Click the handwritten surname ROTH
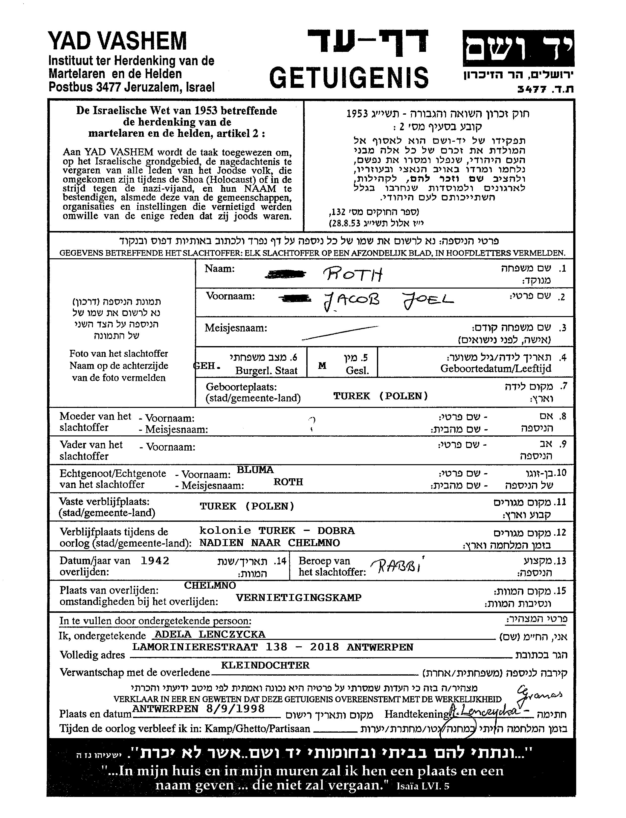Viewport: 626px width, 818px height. click(352, 275)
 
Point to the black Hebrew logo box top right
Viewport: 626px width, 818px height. click(518, 48)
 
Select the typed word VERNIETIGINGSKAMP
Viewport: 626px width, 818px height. click(298, 597)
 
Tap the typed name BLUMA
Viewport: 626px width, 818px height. click(255, 470)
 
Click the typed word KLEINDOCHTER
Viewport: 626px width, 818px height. click(265, 665)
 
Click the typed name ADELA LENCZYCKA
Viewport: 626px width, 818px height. click(210, 634)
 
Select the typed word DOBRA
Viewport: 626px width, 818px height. click(336, 530)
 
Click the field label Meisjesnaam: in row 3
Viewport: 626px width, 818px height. click(236, 328)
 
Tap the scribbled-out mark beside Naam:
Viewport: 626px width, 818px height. click(285, 275)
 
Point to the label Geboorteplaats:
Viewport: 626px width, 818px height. click(241, 387)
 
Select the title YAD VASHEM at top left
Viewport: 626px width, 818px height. click(117, 41)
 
